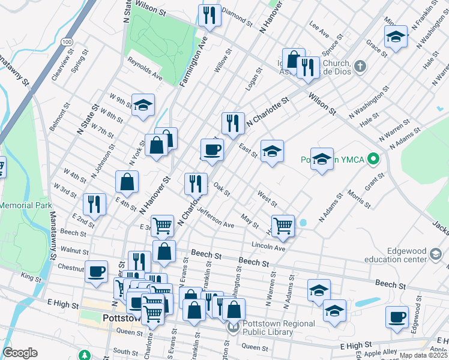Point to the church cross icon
coord(360,66)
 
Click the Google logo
coord(20,353)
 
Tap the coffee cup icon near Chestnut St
coord(96,271)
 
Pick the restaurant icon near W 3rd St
coord(95,203)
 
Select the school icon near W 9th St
coord(143,104)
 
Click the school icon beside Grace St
coord(396,36)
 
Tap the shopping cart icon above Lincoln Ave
coord(283,226)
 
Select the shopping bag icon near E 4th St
coord(127,181)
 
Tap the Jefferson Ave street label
coord(215,217)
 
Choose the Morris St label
coord(359,199)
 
